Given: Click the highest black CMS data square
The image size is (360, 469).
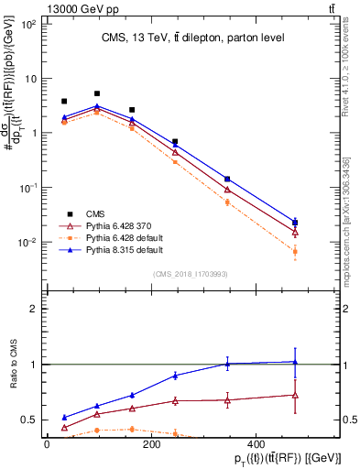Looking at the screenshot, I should pyautogui.click(x=97, y=93).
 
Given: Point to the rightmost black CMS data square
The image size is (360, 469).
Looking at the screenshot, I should pyautogui.click(x=295, y=223).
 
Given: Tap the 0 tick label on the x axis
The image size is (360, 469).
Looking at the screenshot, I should pyautogui.click(x=47, y=443).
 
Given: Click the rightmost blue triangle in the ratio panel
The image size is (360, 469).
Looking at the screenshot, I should pyautogui.click(x=295, y=362).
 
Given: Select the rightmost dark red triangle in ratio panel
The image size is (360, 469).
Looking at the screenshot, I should pyautogui.click(x=295, y=395).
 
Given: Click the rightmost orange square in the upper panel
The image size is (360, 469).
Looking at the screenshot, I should pyautogui.click(x=295, y=251).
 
